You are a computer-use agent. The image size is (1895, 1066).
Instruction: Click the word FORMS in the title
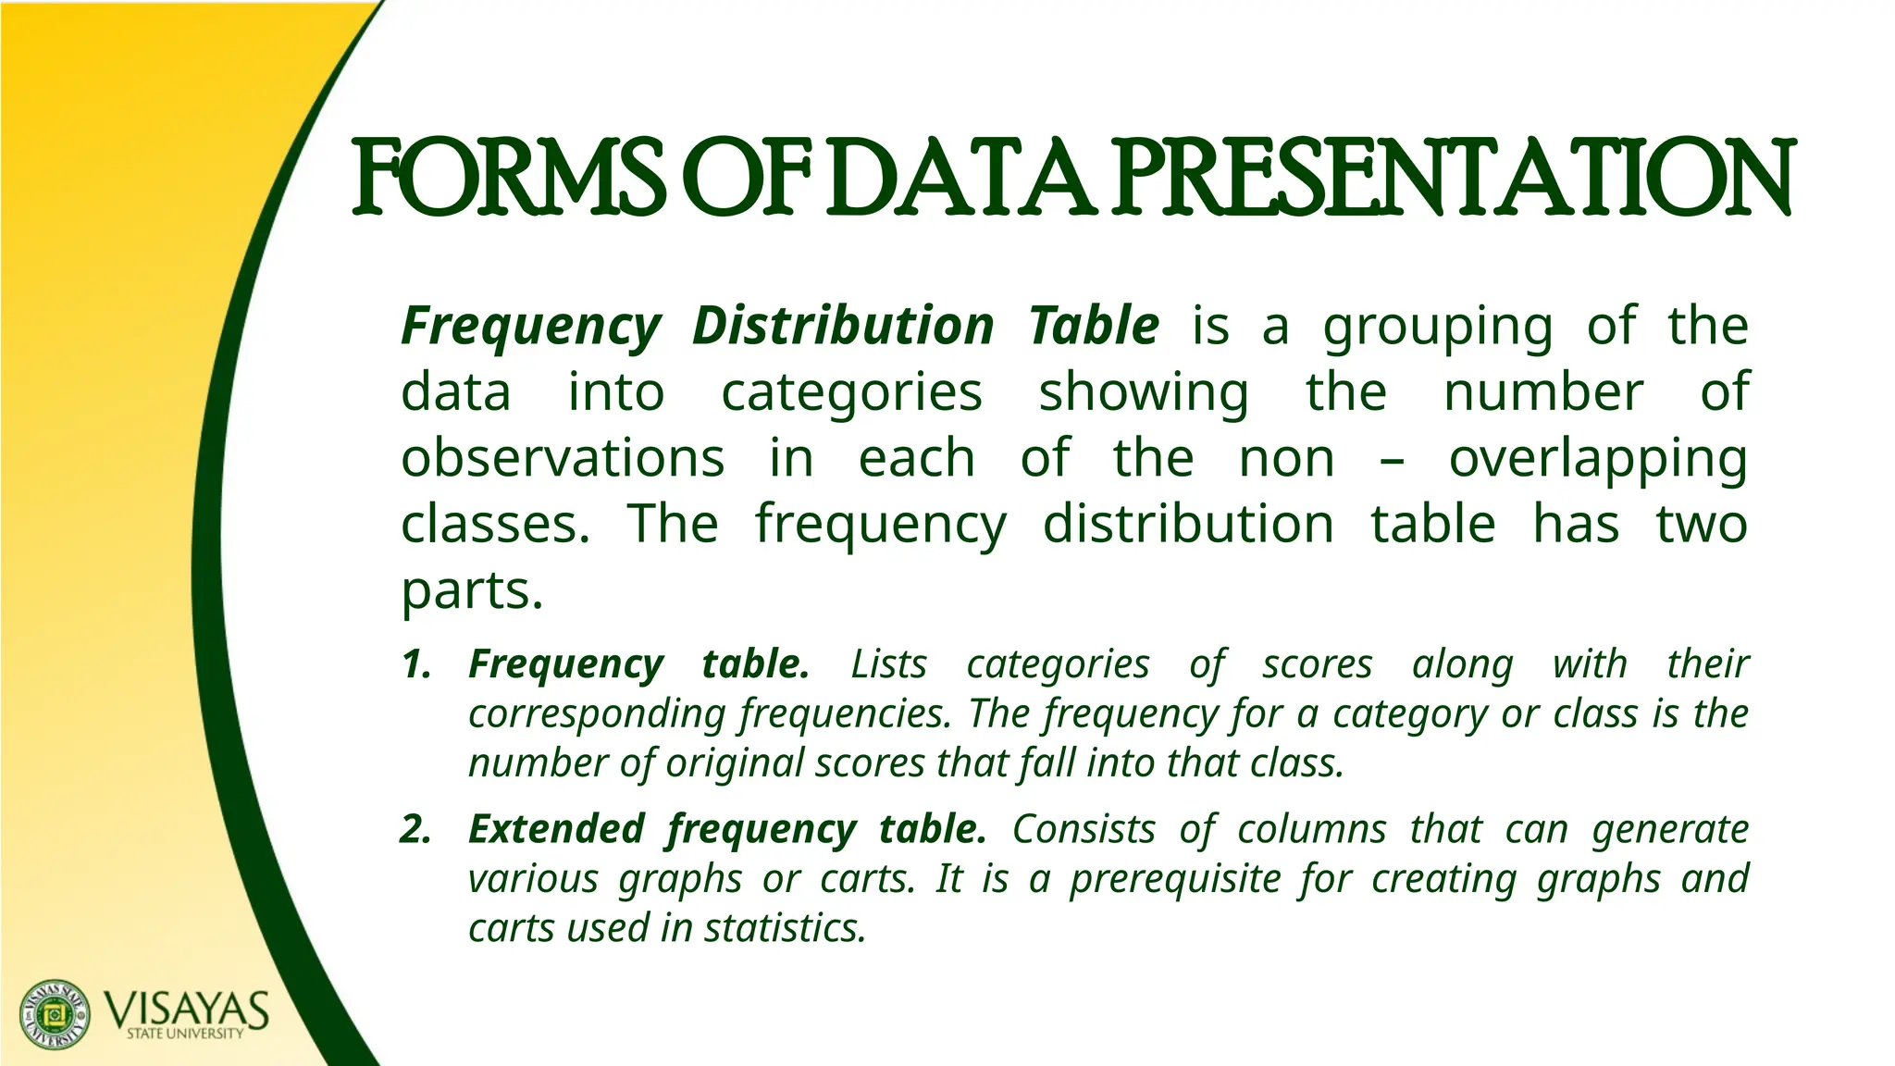(x=509, y=175)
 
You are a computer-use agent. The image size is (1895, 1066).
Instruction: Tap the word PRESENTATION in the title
(x=1453, y=175)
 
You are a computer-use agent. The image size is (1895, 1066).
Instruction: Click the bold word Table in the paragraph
(x=1094, y=326)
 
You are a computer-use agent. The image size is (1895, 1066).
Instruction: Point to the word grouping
(x=1438, y=328)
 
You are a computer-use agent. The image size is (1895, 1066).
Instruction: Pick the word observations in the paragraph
(x=563, y=458)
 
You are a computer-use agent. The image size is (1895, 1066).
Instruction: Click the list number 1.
(x=416, y=664)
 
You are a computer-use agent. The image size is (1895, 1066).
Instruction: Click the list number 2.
(x=416, y=829)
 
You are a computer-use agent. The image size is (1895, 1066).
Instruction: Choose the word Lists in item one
(x=888, y=664)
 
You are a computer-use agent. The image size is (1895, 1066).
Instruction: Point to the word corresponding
(x=596, y=714)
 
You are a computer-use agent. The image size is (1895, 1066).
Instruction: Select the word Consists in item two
(x=1084, y=829)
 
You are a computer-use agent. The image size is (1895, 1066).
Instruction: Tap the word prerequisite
(x=1175, y=879)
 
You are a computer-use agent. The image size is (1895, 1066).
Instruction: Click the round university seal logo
(x=56, y=1014)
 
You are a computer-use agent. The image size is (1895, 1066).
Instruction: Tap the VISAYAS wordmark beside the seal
(x=186, y=1010)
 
